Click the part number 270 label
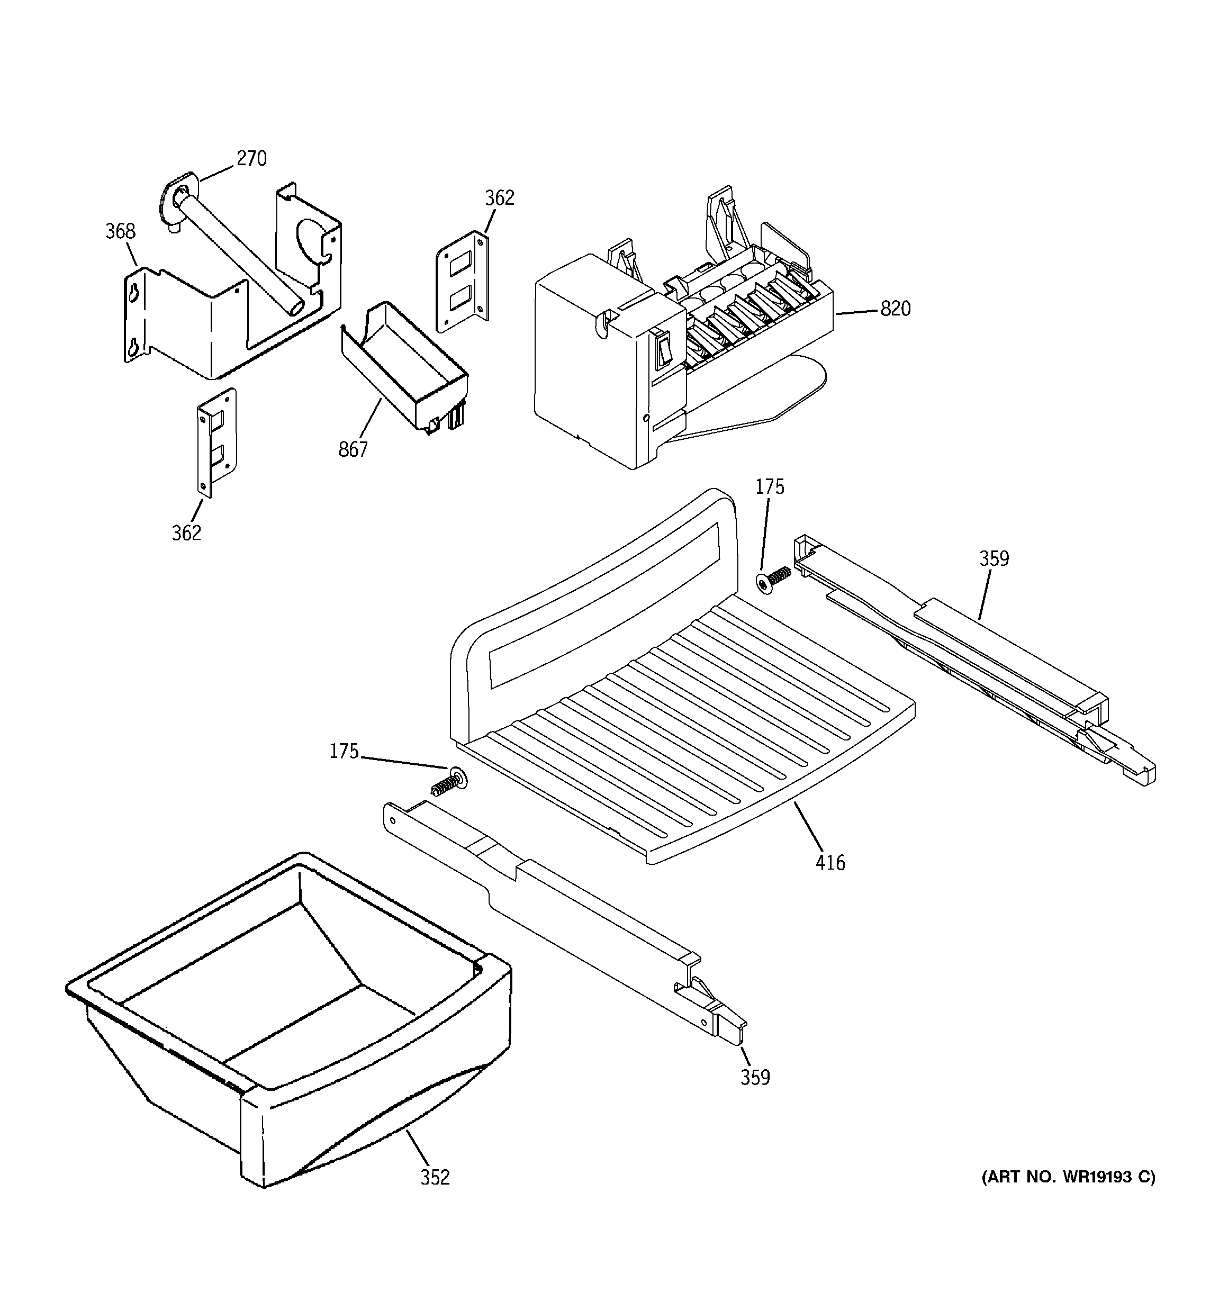pos(251,159)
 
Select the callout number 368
pos(120,231)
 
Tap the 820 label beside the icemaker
pos(895,309)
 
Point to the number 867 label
pos(353,449)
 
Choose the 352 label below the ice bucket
pos(435,1177)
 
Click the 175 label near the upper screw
pos(769,487)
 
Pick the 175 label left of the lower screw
pos(344,751)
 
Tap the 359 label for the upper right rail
pos(994,559)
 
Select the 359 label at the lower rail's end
pos(755,1078)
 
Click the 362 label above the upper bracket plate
pos(499,197)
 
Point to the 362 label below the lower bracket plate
pos(186,533)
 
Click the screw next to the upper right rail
pos(772,578)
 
